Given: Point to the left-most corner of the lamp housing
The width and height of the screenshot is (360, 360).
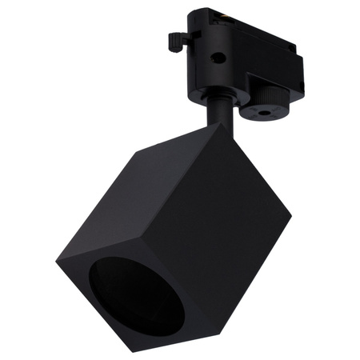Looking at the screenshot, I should (58, 264).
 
